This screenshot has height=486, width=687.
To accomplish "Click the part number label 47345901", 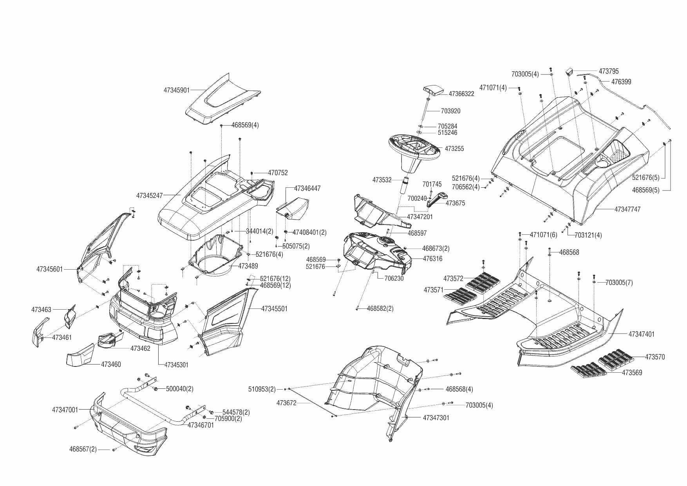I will [176, 90].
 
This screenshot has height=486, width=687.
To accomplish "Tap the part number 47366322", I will [461, 94].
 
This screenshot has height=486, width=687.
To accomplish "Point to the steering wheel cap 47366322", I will [432, 91].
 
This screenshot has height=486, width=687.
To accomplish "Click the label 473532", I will [381, 180].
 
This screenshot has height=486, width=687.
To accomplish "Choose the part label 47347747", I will [627, 209].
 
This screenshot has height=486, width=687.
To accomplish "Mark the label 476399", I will [621, 82].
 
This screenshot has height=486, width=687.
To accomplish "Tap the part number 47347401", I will [641, 334].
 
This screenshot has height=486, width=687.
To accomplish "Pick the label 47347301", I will [436, 418].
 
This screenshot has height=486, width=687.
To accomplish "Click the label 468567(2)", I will [83, 449].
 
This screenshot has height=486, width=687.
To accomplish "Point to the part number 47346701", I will [201, 425].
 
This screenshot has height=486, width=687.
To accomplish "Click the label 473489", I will [248, 266].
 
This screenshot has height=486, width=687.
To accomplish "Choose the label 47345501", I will [274, 309].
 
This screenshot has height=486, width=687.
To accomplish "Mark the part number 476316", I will [432, 259].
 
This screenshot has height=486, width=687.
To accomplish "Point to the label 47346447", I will [307, 189].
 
